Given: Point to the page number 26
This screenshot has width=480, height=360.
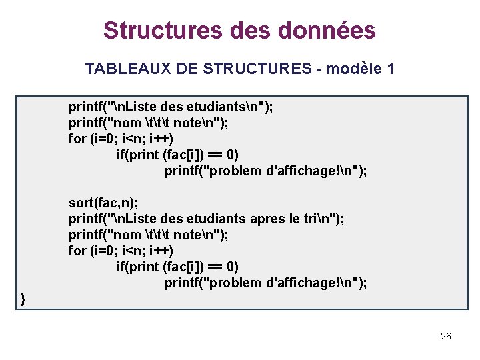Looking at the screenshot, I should (x=446, y=336).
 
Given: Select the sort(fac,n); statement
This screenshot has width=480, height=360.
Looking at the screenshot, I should (x=99, y=203).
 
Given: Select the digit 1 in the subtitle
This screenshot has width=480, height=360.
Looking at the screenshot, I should (x=391, y=69).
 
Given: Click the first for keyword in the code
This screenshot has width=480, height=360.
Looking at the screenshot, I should (x=77, y=139).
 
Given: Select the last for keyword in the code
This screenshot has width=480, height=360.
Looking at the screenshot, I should (x=77, y=251).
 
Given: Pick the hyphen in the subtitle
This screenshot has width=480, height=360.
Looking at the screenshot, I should (x=319, y=69).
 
